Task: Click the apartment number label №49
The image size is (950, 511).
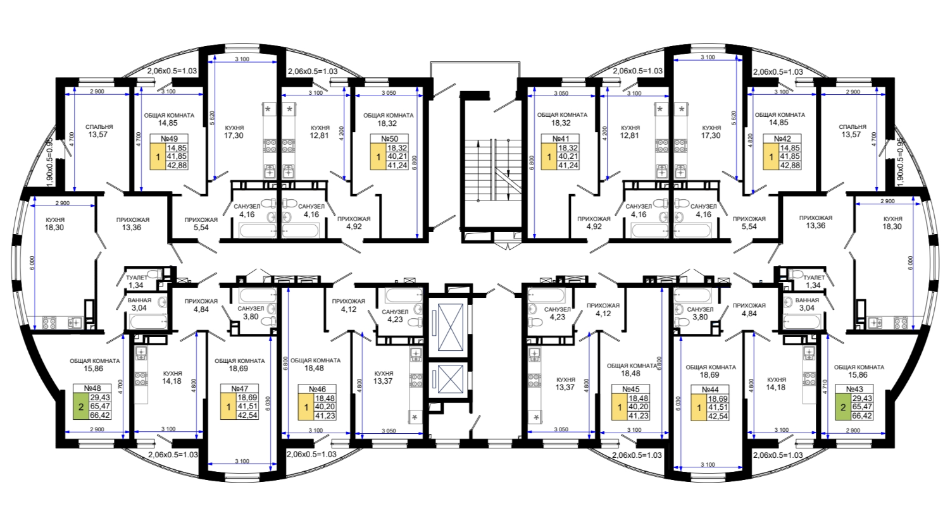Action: [x=169, y=139]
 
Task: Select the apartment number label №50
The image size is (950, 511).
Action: [x=389, y=139]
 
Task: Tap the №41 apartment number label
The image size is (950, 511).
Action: [x=560, y=139]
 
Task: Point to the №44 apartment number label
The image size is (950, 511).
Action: [x=710, y=390]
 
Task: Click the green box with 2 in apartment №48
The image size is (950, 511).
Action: [x=81, y=407]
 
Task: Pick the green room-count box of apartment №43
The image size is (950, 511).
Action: [x=843, y=407]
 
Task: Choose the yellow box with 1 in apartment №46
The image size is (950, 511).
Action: [x=306, y=407]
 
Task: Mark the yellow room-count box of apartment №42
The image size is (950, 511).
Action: [x=771, y=157]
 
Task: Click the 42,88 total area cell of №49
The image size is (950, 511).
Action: [x=177, y=165]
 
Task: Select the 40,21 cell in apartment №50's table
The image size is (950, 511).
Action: [x=397, y=156]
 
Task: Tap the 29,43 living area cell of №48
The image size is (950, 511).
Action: [x=100, y=397]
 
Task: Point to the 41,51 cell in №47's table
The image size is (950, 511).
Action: [x=247, y=407]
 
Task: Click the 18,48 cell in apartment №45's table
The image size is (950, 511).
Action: [x=638, y=398]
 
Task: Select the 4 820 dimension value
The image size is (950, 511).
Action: [x=750, y=140]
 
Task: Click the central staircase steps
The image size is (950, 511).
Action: [x=493, y=170]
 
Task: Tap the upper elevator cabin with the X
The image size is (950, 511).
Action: [x=450, y=327]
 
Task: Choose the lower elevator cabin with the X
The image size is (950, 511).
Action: [x=450, y=379]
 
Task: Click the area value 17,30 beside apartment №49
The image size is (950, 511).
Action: [x=234, y=135]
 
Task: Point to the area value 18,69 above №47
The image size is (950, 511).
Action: [x=239, y=369]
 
